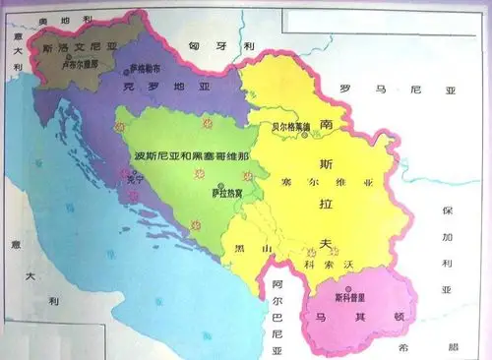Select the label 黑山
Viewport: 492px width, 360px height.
252,251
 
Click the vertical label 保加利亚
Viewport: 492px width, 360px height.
448,247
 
